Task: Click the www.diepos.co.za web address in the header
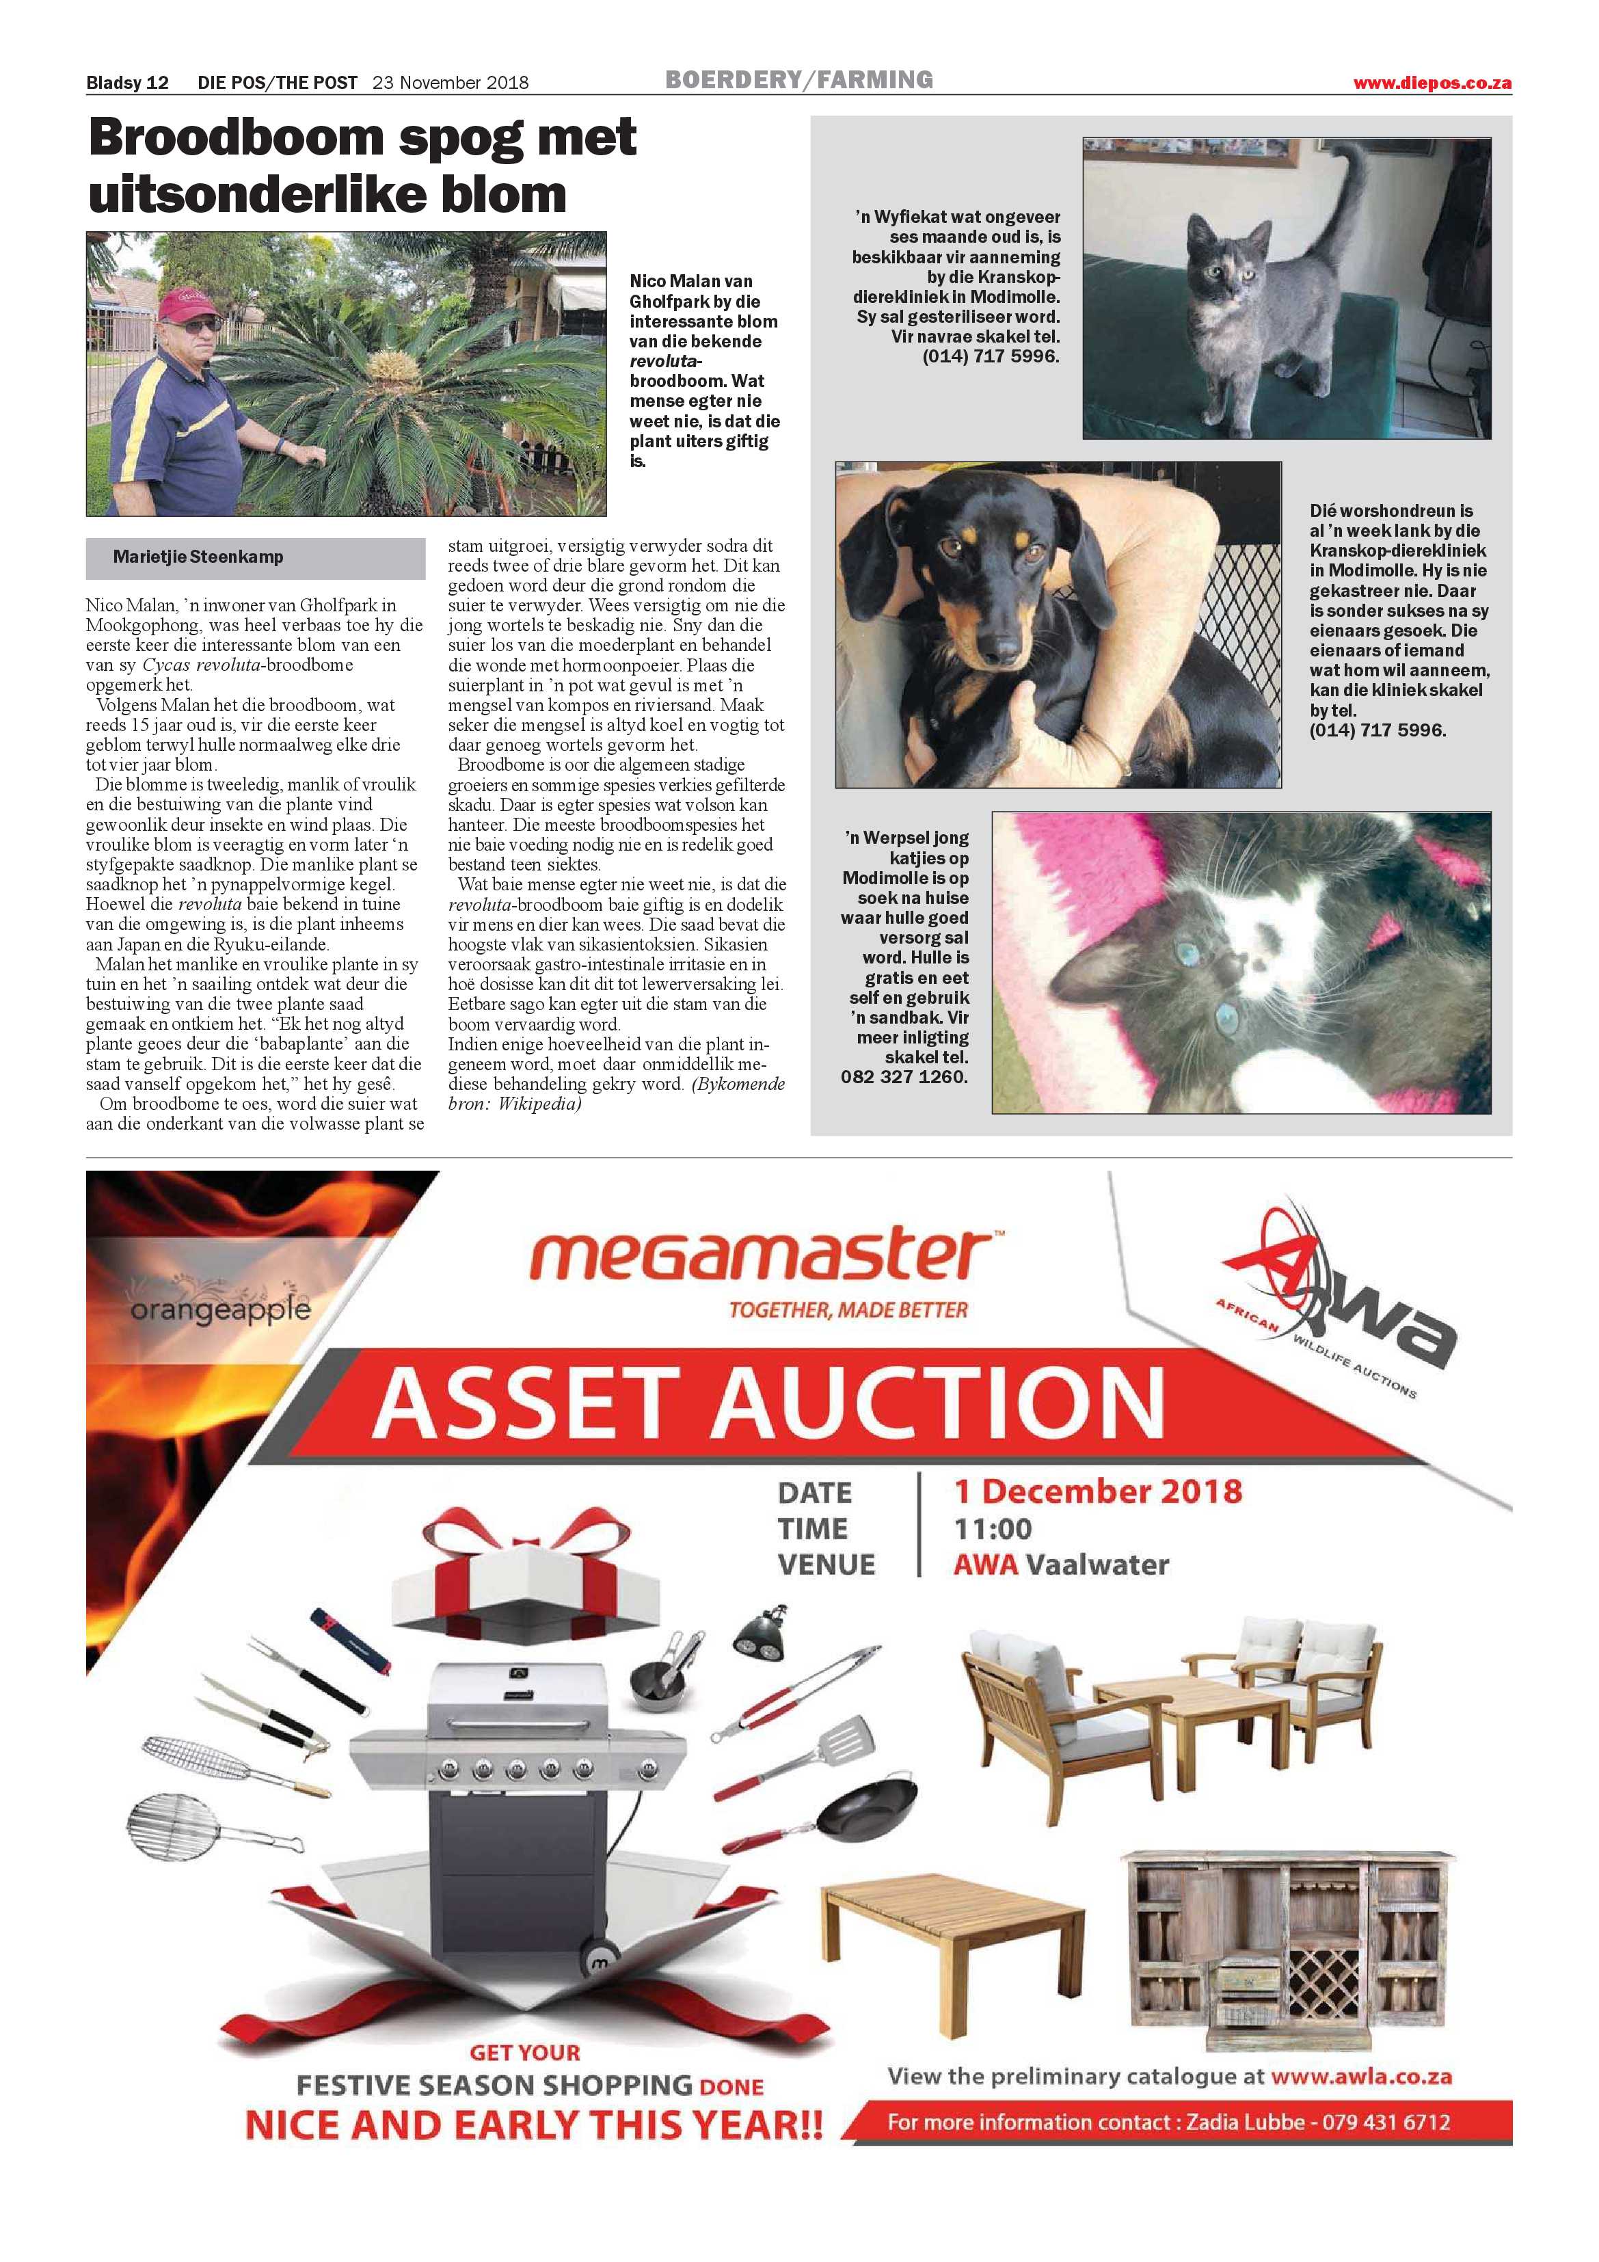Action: coord(1432,83)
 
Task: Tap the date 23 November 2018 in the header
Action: coord(451,83)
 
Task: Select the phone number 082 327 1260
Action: coord(904,1077)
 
